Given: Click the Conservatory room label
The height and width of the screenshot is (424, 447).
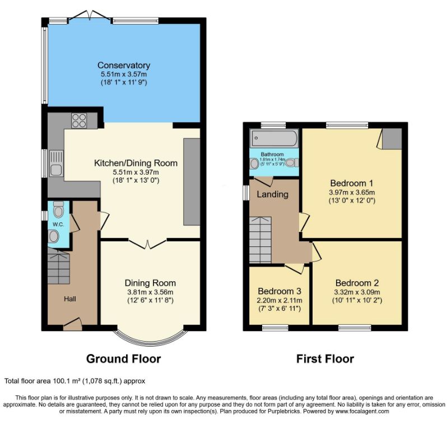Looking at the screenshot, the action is coord(124,66).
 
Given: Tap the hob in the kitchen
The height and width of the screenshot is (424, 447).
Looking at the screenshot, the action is coord(79,120).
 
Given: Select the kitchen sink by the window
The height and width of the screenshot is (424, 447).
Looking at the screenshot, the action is coord(56,163).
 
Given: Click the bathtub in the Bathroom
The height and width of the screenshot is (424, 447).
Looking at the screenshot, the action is coord(274,138).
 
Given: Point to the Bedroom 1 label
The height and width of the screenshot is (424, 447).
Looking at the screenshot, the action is coord(352,183).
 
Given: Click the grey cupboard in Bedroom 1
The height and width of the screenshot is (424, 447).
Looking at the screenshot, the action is coord(392,138).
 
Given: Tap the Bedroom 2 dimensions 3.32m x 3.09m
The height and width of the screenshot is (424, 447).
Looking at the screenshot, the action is coord(357,292).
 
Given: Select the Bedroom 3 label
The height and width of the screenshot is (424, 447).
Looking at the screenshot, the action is coord(280,291).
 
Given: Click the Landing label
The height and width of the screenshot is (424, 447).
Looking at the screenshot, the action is coord(273,194).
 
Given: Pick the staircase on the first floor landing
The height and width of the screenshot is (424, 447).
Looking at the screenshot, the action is coord(260,240).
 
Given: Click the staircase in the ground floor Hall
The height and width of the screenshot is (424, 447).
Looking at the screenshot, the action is coord(58,266).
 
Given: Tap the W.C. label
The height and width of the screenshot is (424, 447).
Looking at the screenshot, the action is coord(58,225).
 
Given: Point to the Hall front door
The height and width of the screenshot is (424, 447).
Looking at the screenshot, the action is coord(73,324).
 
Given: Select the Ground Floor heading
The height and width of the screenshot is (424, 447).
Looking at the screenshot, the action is coord(123,358).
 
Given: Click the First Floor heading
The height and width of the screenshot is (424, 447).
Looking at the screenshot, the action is coord(325,358).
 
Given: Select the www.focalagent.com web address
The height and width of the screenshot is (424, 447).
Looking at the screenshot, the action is coord(362,412).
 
